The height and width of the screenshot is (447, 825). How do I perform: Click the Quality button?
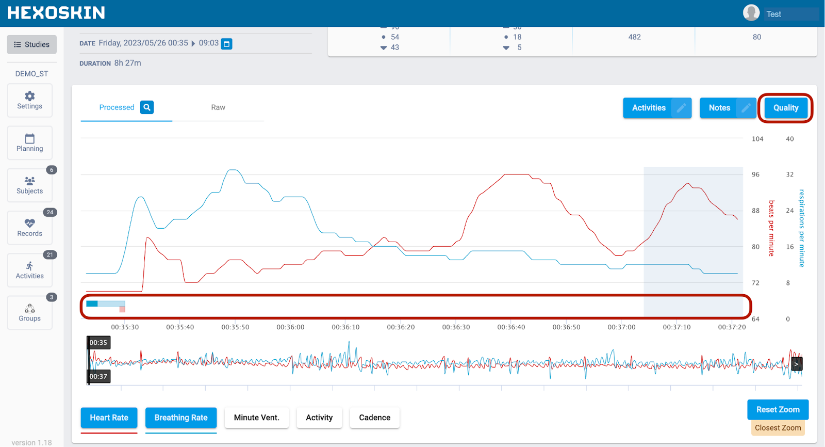coord(785,108)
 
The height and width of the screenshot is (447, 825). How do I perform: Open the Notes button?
coord(719,108)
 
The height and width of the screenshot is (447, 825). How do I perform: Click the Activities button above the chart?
coord(649,108)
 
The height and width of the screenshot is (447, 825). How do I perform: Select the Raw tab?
coord(218,107)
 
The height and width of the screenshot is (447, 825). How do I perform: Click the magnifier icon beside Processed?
coord(147,107)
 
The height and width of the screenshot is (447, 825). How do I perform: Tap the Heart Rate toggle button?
coord(109,418)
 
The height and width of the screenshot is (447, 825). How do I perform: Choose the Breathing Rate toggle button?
coord(181,418)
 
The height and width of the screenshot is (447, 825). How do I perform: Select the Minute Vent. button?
coord(256,418)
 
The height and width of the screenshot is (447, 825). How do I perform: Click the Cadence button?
coord(374,418)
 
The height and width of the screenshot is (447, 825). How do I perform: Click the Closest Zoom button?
coord(778,428)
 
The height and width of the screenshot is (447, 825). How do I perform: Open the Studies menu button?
coord(31,44)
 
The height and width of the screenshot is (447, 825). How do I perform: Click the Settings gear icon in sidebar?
coord(30,97)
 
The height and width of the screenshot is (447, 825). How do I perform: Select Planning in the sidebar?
coord(30,143)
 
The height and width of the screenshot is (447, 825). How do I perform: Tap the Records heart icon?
coord(30,223)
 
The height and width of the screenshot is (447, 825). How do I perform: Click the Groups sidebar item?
coord(30,313)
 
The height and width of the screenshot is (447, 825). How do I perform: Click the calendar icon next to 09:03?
coord(226,44)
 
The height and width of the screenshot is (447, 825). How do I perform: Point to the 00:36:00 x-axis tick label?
coord(290,327)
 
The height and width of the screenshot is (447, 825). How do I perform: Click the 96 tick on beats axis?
coord(755,174)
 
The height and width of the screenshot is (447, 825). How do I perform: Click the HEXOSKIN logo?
coord(56,13)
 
